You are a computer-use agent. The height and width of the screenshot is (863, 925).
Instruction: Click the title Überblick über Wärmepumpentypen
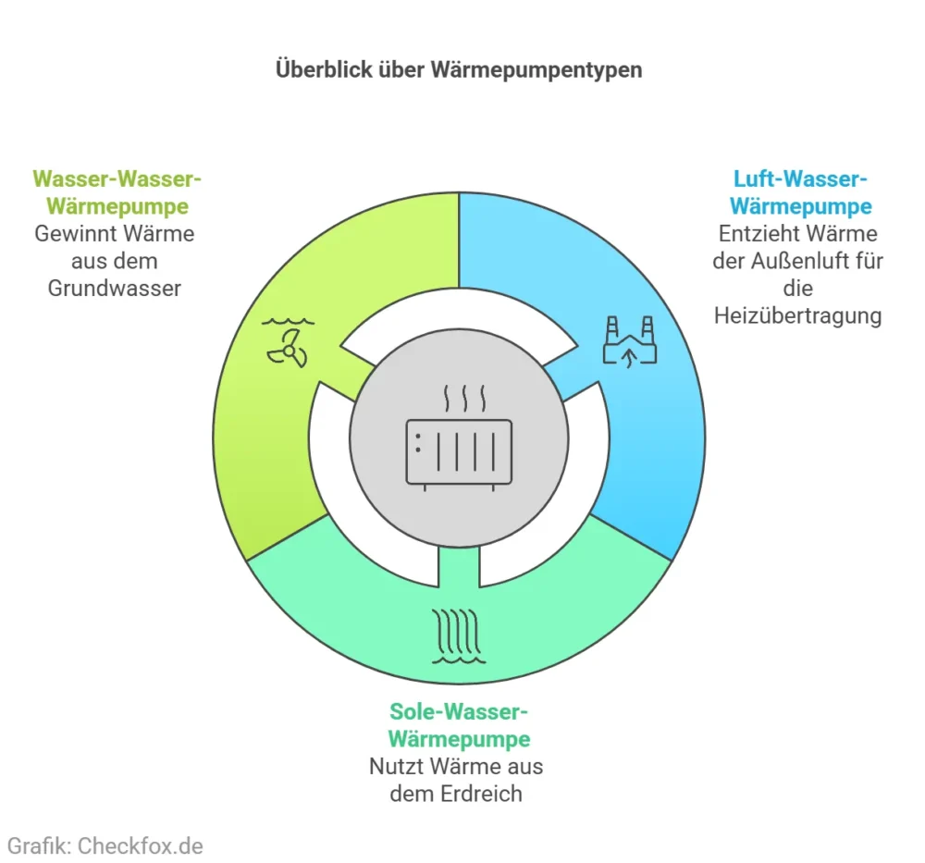coord(459,70)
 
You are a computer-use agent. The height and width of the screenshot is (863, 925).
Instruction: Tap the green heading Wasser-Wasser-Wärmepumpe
coord(116,191)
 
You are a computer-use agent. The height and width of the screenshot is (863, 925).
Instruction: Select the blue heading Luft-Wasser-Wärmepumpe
coord(801,191)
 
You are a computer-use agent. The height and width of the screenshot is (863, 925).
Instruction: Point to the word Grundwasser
coord(114,288)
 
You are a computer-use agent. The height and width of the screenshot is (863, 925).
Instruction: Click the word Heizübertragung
coord(798,315)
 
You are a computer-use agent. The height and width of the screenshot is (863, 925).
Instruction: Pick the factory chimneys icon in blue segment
coord(629,339)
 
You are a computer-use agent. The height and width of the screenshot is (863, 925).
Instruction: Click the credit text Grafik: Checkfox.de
coord(105,845)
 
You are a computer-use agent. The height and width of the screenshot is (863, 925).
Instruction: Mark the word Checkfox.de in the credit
coord(140,845)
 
